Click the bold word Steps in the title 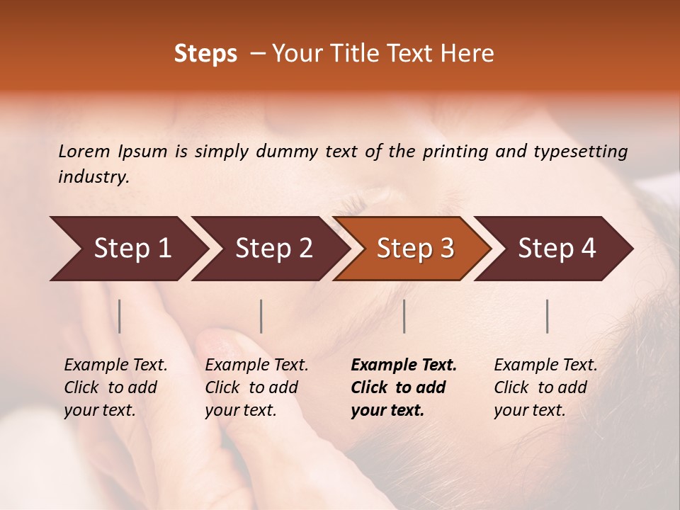tap(205, 54)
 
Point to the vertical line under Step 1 tap(120, 316)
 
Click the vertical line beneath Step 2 tap(261, 316)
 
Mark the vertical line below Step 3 tap(404, 316)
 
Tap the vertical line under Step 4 tap(548, 316)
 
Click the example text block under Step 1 tap(115, 387)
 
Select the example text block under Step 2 tap(256, 387)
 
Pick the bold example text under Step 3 tap(404, 387)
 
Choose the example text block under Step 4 tap(545, 387)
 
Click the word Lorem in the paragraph tap(84, 152)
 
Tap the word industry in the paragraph tap(93, 177)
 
